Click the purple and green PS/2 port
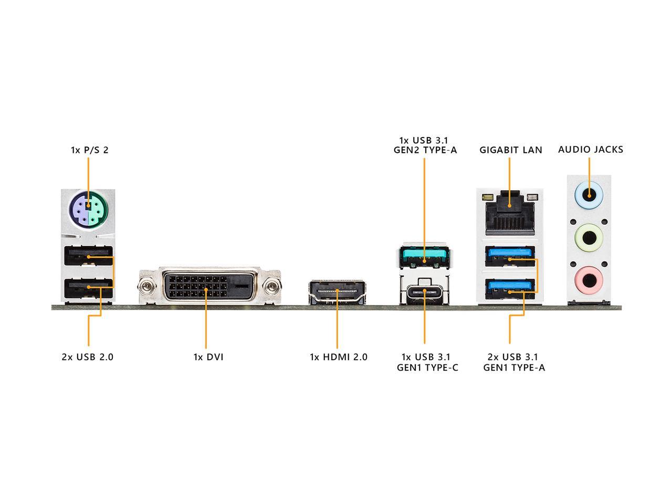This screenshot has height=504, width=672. (x=88, y=211)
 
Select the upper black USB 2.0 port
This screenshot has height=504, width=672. (x=88, y=257)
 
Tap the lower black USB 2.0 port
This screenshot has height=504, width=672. (x=88, y=288)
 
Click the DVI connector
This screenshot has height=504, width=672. (x=209, y=286)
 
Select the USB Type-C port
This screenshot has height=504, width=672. (x=425, y=291)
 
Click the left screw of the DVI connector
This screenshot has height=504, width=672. (x=148, y=287)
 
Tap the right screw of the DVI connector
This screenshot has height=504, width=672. (x=271, y=287)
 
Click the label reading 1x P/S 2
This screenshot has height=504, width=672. (x=89, y=150)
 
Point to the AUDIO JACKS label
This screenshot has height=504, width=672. (x=591, y=150)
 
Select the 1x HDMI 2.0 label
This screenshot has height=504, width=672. (x=339, y=357)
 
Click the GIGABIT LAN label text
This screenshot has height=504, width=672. (x=510, y=150)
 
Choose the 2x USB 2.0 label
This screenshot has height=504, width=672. (x=88, y=357)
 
